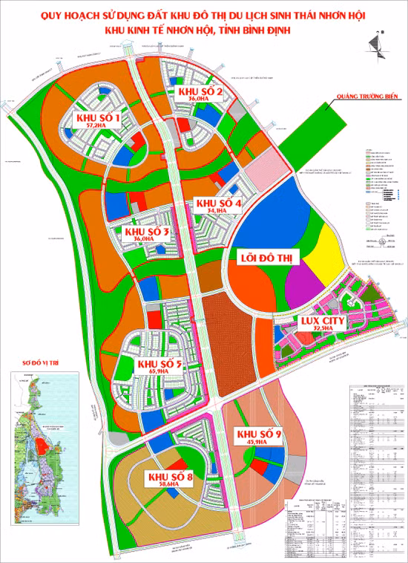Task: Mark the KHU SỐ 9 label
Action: [x=258, y=434]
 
